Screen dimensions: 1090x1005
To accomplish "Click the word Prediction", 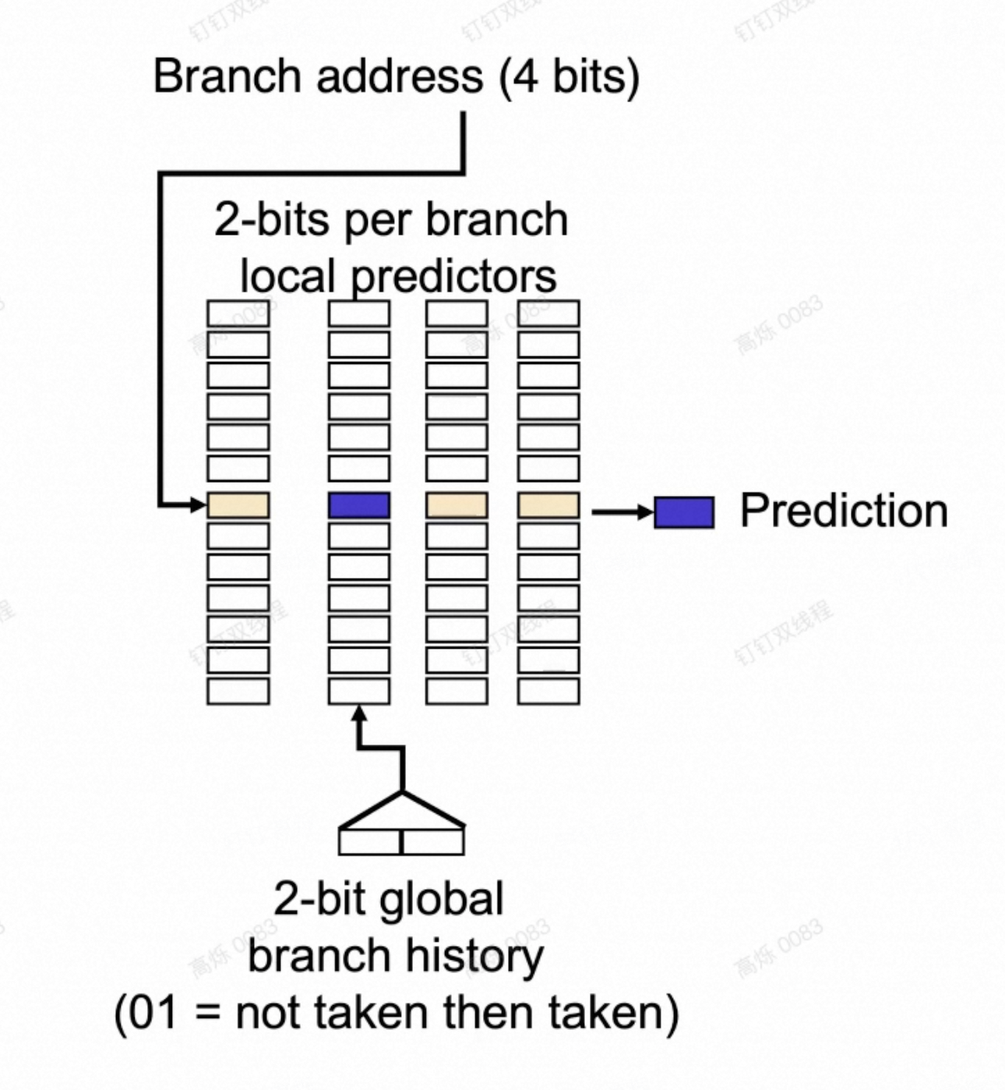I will coord(844,511).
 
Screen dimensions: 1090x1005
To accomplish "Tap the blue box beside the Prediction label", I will coord(684,512).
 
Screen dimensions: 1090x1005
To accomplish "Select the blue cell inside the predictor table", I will coord(358,505).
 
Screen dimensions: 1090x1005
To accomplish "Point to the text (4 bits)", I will coord(569,76).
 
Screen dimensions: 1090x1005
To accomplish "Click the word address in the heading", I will coord(400,76).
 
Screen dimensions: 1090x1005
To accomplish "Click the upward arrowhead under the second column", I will coord(358,713).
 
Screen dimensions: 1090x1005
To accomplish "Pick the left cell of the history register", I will coord(370,842).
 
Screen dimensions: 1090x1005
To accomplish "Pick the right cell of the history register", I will coord(432,842).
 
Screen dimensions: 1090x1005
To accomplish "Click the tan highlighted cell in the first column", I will coord(238,505).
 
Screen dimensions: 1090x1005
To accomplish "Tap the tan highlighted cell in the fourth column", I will coord(548,505).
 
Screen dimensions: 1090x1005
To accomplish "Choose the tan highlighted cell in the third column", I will coord(457,505).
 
